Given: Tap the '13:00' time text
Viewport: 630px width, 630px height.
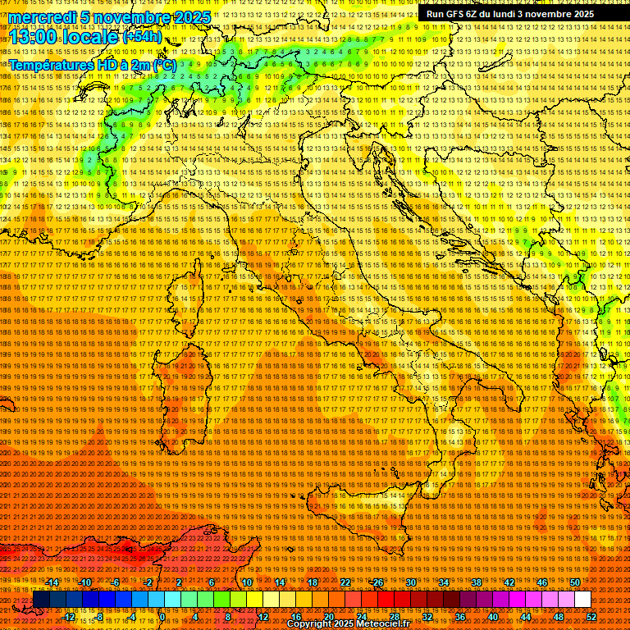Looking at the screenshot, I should point(33,37).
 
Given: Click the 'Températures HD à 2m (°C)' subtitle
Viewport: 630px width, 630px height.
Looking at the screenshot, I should point(93,64).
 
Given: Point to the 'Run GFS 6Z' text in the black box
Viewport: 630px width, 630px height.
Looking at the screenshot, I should point(459,14).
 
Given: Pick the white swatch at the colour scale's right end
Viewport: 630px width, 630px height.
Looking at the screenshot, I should point(582,600).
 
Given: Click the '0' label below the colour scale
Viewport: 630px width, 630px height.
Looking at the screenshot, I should point(162,617).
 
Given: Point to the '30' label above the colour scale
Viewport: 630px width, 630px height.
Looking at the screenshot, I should point(411,582).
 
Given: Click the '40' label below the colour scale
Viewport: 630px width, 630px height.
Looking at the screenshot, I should point(492,617).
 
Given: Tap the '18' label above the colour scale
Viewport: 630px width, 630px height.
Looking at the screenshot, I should point(312,582).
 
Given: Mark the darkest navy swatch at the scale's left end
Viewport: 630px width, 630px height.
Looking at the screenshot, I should point(41,600).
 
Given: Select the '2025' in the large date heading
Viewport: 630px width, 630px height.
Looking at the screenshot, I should point(192,17).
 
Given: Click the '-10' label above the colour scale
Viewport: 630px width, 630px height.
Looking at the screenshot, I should point(84,582).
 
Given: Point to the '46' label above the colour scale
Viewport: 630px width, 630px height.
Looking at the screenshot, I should point(542,582).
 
